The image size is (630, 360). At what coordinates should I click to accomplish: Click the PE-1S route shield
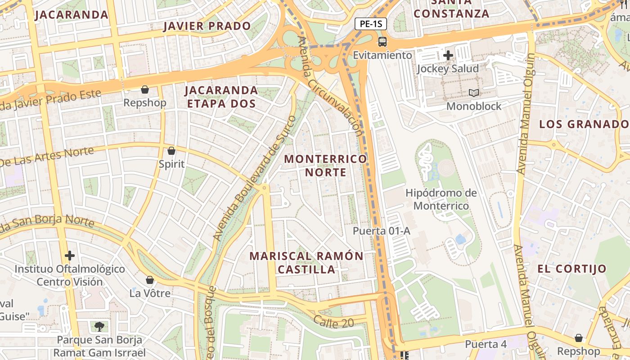[371, 24]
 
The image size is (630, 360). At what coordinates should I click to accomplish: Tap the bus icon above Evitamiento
[382, 42]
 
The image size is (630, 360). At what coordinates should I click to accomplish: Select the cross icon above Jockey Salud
[448, 55]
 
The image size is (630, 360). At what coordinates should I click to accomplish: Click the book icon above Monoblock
[473, 93]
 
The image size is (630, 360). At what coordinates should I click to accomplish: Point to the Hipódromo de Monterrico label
[441, 199]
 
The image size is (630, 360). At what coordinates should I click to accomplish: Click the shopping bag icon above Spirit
[171, 151]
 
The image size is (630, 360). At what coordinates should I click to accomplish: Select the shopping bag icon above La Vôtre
[150, 280]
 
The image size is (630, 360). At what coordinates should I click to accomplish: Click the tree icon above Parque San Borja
[99, 326]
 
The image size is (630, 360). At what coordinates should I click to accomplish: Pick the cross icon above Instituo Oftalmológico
[70, 256]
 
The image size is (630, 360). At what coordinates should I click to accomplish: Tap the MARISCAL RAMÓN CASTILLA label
[306, 263]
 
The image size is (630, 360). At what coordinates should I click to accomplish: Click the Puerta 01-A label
[381, 231]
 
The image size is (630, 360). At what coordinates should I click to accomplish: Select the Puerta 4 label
[486, 344]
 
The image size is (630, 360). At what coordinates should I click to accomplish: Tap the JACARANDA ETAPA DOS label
[221, 97]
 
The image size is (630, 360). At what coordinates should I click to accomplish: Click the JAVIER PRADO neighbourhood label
[207, 26]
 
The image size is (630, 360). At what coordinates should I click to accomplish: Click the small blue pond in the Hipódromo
[460, 239]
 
